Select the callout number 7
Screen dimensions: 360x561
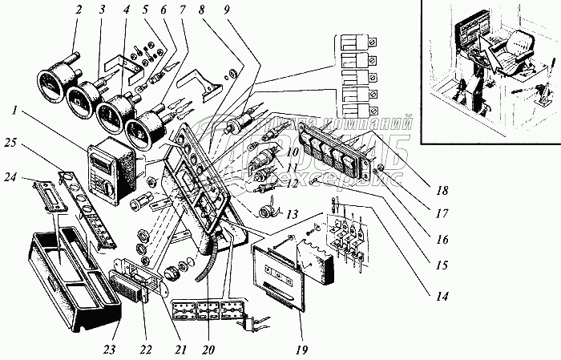coord(184,10)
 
